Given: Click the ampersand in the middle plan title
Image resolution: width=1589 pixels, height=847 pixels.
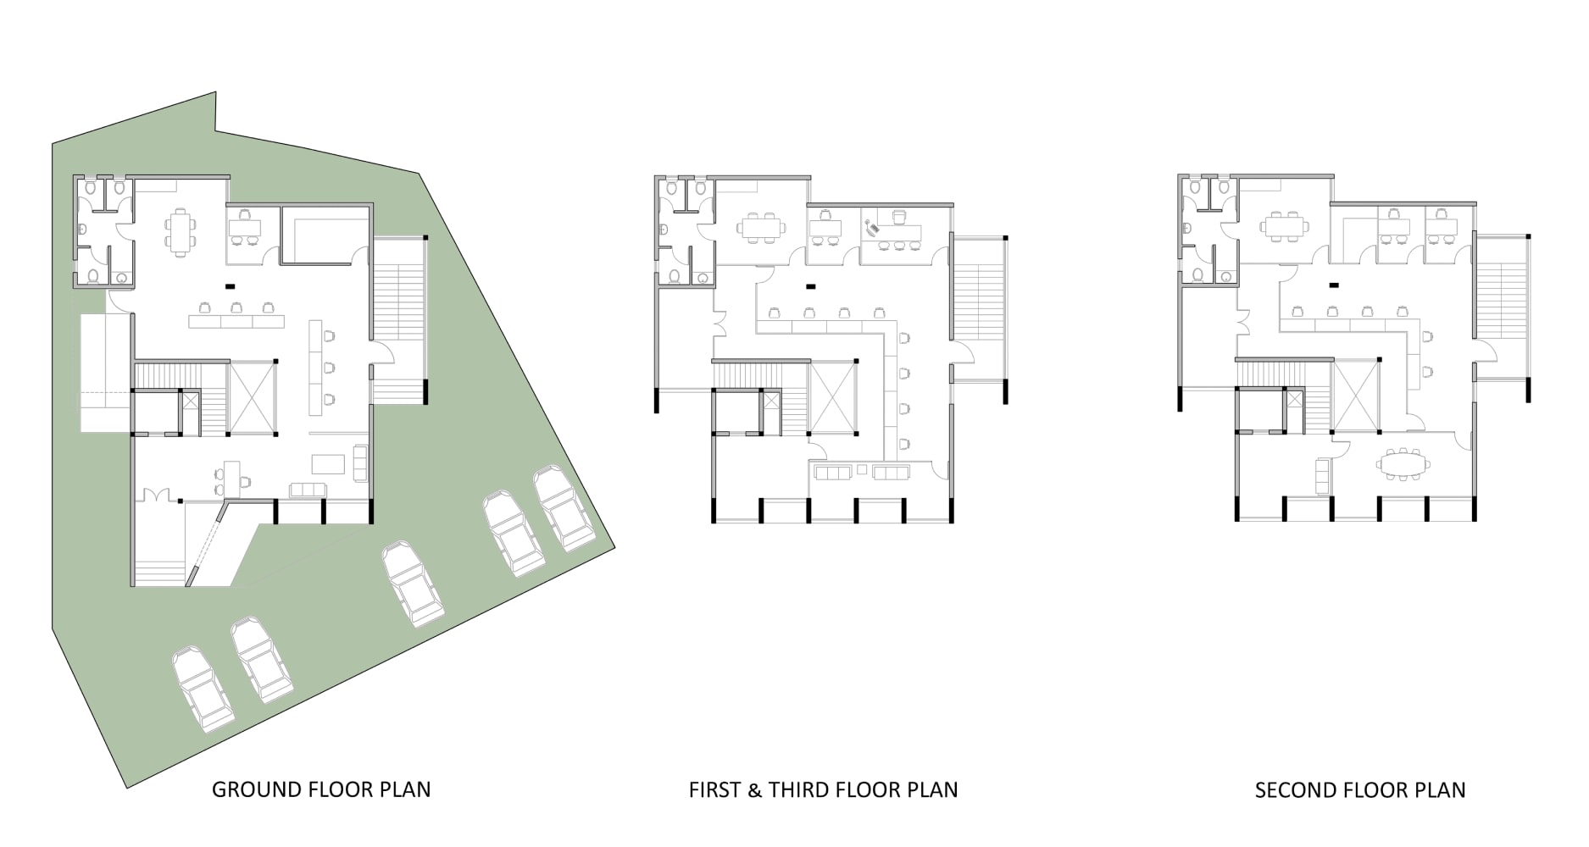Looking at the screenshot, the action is coord(754,790).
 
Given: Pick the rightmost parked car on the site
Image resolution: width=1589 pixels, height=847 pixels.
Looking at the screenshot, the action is coord(563,508).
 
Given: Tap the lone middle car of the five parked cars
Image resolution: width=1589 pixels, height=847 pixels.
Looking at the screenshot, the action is coord(413,584).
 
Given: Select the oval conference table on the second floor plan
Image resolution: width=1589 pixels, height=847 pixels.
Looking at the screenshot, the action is coord(1403,464).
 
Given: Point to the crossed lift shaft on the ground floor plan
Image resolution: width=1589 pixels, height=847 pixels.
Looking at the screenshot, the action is coord(252,398).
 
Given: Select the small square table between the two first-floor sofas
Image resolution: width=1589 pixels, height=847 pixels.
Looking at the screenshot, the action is coord(861,469).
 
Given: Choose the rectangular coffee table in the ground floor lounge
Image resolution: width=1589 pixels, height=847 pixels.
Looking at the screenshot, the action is coord(329,464).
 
